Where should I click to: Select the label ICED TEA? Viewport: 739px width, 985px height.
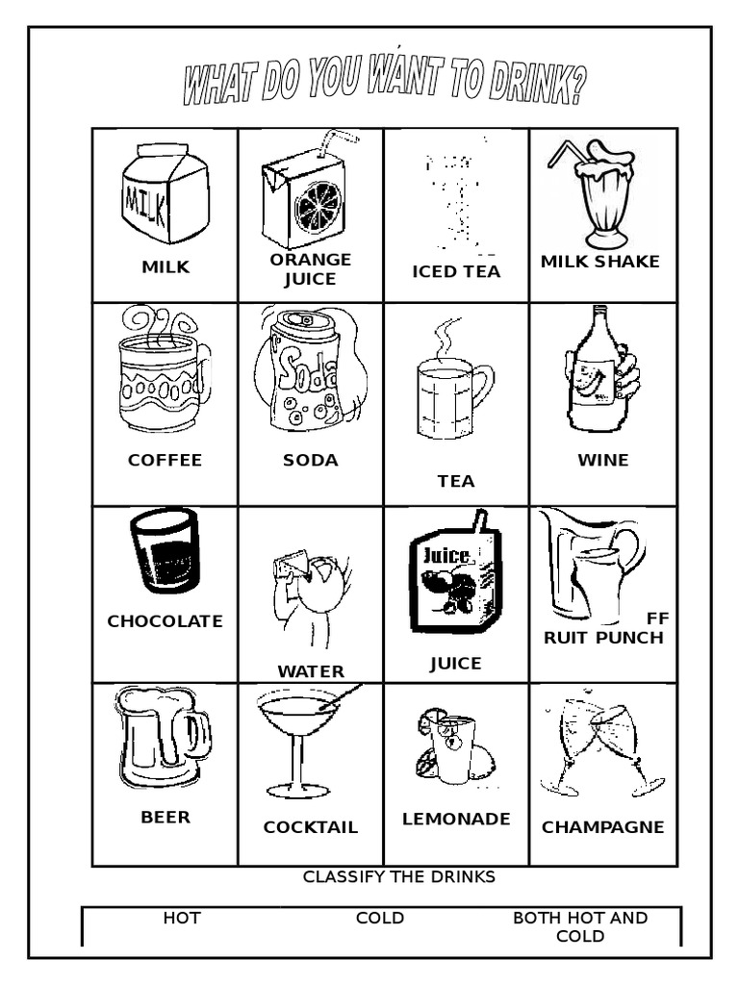coord(456,271)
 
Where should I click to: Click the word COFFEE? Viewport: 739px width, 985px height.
coord(166,460)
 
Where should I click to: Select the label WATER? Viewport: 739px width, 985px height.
coord(311,671)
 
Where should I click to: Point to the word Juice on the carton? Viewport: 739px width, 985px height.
coord(444,555)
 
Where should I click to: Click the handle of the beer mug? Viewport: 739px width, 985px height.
coord(200,735)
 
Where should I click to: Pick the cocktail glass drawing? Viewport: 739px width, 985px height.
coord(299,741)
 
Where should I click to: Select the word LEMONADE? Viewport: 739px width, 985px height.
coord(456,820)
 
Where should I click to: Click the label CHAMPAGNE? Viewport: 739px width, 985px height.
coord(603,827)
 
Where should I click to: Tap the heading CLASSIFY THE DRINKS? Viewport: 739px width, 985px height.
coord(399,876)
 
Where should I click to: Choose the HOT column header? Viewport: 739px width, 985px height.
coord(182,919)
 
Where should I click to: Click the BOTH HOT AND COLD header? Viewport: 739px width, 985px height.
coord(580,927)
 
